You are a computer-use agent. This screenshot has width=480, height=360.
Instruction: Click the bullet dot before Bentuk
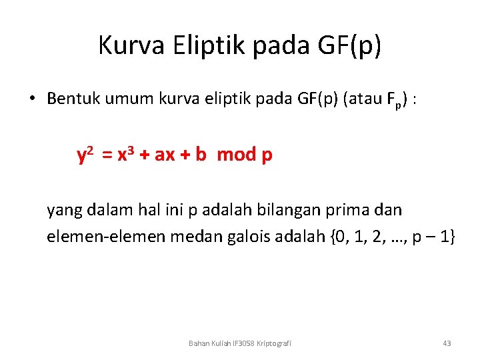point(31,99)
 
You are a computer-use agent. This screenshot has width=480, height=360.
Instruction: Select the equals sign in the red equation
point(107,155)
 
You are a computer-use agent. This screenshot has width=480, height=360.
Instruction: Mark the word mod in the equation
point(236,155)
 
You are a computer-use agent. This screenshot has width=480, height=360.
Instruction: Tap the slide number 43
point(447,343)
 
